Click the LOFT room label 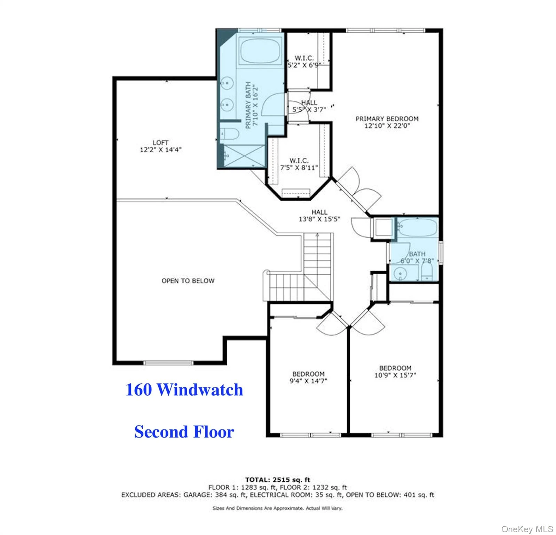(x=160, y=142)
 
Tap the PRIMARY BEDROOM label (x=387, y=119)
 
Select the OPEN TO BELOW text (x=188, y=281)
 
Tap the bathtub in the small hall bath (x=417, y=228)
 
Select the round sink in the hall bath (x=400, y=273)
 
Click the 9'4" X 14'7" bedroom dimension (x=308, y=381)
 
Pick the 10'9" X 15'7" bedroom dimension (x=395, y=375)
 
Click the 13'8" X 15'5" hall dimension (x=319, y=219)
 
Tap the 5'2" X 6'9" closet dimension (x=304, y=65)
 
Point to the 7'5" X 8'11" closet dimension (x=299, y=168)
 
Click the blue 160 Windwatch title (x=184, y=389)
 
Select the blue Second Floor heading (x=184, y=432)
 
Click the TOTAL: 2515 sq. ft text (x=278, y=480)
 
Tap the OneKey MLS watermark (x=527, y=529)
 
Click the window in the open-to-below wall (x=168, y=363)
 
